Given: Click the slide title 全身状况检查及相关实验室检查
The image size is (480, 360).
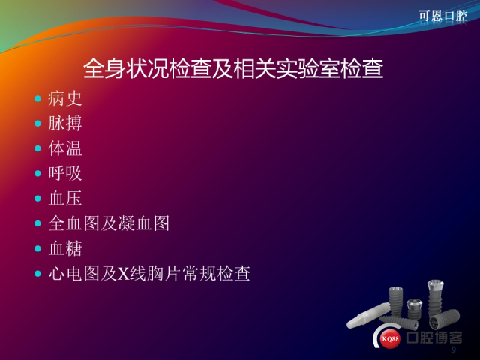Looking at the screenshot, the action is tap(233, 68).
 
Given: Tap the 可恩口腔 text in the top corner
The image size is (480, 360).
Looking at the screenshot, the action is tap(443, 16).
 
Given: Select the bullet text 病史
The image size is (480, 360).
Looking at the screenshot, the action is tap(65, 98).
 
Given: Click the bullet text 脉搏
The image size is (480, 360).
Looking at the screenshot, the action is tap(65, 124).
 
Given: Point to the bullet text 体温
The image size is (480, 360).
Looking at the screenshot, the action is tap(65, 148).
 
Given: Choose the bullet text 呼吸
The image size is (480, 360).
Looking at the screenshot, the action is tap(65, 173).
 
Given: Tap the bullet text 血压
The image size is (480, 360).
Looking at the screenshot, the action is tap(65, 198).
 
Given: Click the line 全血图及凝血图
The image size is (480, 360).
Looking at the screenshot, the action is tap(109, 223).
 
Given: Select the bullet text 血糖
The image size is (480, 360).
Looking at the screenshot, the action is tap(65, 248).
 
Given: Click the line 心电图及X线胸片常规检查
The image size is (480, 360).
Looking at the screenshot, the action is tap(149, 273).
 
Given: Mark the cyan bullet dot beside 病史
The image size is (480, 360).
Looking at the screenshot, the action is tap(38, 98).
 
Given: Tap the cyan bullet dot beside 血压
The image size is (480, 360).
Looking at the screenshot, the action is tap(38, 198).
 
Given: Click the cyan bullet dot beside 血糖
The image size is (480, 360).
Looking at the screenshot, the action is tap(38, 248).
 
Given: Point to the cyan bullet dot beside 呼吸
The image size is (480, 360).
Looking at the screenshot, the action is tap(38, 173).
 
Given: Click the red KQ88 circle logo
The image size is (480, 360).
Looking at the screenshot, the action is tap(390, 338).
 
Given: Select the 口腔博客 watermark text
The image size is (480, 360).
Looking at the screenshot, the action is tap(434, 337).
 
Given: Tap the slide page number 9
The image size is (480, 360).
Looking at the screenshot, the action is tap(454, 349).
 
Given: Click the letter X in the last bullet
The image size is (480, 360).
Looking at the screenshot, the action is tap(123, 274).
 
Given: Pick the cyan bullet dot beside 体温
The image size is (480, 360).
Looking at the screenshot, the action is tap(38, 148).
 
